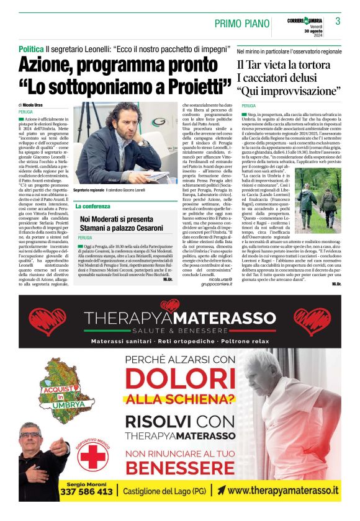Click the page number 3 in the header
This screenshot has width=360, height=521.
pyautogui.click(x=338, y=21)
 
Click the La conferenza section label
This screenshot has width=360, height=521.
pyautogui.click(x=92, y=205)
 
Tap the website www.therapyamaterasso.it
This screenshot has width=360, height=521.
pyautogui.click(x=283, y=491)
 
